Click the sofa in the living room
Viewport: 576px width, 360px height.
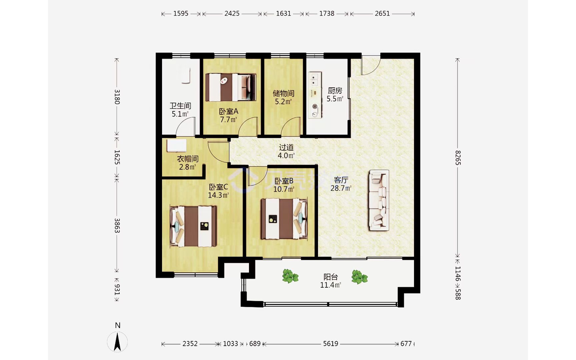(379, 200)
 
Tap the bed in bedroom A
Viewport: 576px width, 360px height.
(231, 87)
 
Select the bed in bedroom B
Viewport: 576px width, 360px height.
(284, 219)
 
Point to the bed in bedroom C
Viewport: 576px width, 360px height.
(193, 226)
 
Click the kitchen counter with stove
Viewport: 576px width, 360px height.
(315, 95)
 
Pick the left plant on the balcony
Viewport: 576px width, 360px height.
(290, 276)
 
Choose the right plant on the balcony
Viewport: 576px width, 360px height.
(360, 277)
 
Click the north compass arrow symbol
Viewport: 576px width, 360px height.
(117, 342)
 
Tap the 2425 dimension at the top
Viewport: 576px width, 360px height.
(232, 13)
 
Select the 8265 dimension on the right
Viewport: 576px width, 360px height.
(458, 157)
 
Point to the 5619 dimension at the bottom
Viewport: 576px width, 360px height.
(331, 344)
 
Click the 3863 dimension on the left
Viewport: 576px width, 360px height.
(117, 225)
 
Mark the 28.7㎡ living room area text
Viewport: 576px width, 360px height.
(341, 188)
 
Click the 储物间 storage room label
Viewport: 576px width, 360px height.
(283, 93)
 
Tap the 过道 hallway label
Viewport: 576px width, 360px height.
(286, 147)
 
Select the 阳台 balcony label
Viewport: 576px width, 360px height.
(331, 277)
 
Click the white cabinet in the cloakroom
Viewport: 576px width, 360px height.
(177, 146)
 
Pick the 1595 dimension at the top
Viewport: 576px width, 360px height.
(181, 13)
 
